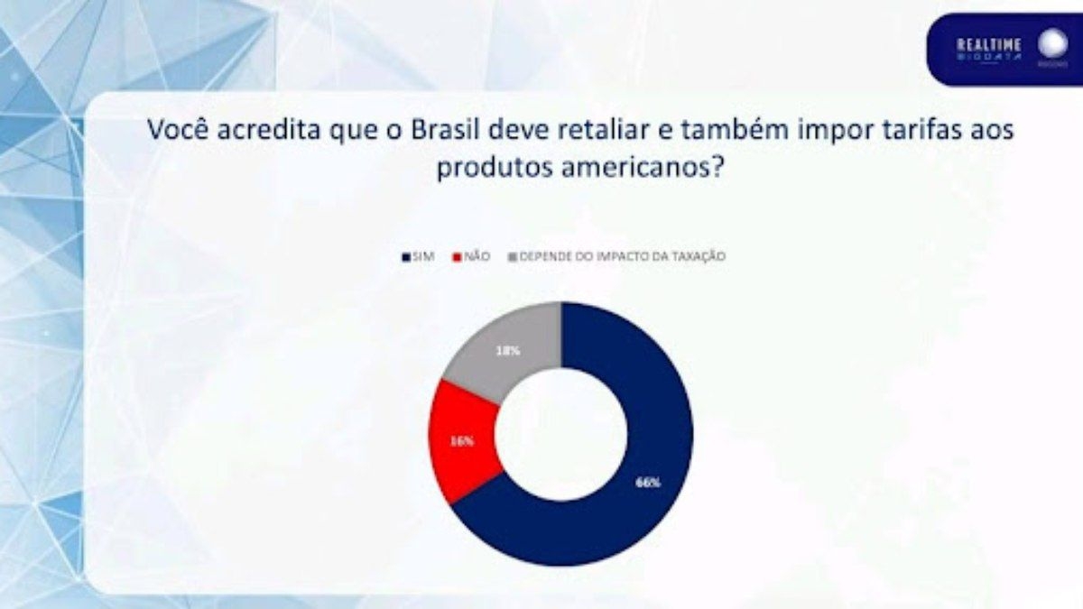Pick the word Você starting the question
point(180,130)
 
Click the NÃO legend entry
point(477,257)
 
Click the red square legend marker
point(458,257)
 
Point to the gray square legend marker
point(513,257)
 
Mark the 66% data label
point(647,483)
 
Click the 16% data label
point(460,441)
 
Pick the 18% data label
point(507,350)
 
